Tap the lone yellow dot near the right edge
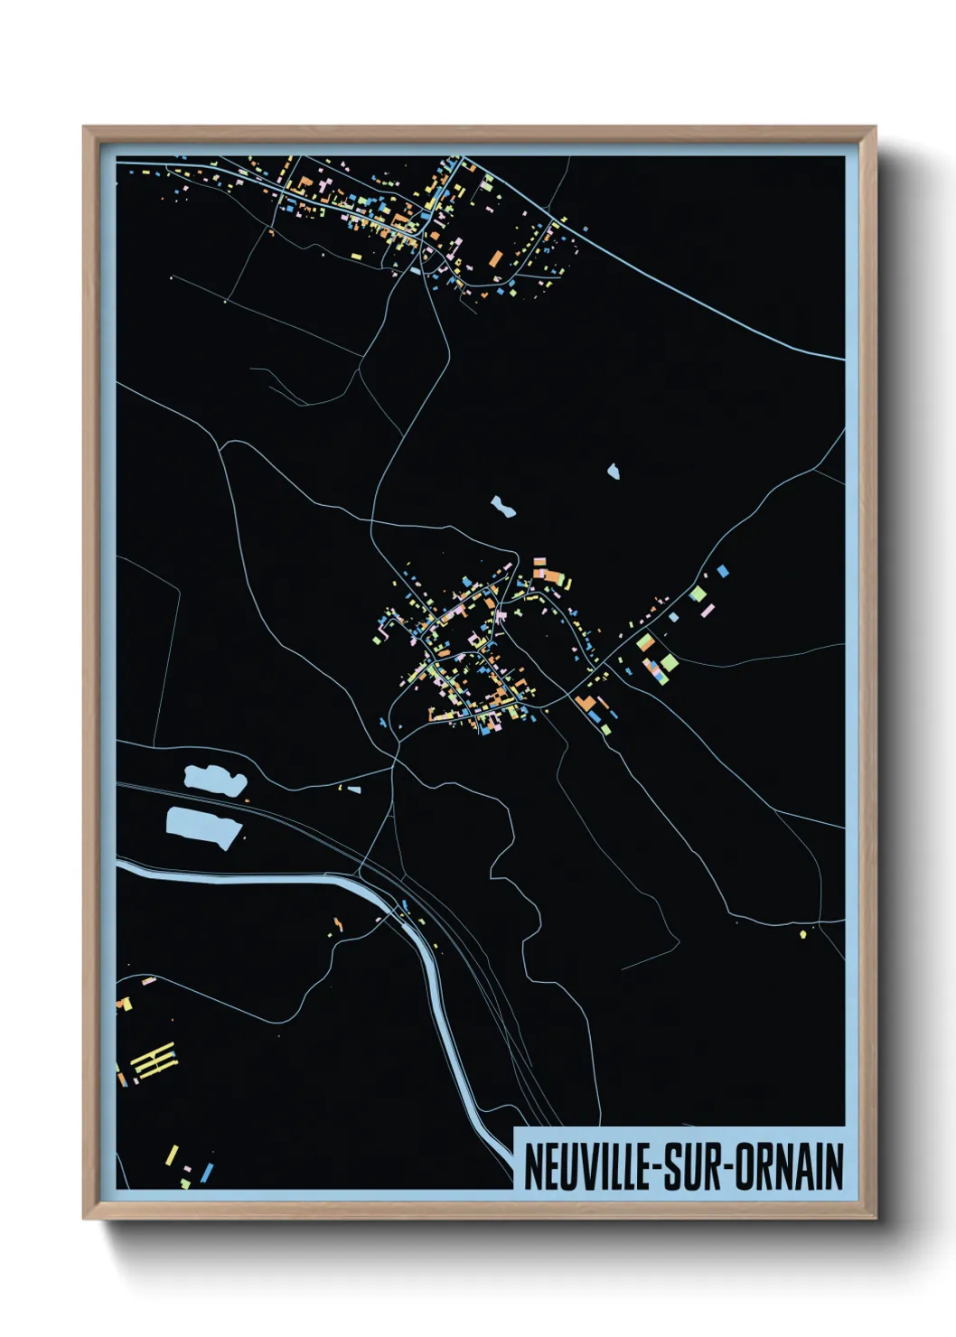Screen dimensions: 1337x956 pyautogui.click(x=802, y=934)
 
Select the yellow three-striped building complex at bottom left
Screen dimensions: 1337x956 pyautogui.click(x=154, y=1061)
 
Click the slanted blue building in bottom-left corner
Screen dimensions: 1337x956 pyautogui.click(x=208, y=1172)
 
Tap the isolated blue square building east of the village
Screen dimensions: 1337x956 pyautogui.click(x=722, y=571)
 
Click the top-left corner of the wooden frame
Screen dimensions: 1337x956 pyautogui.click(x=85, y=128)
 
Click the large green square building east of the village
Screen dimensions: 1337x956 pyautogui.click(x=698, y=594)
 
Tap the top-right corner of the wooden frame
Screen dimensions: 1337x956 pyautogui.click(x=875, y=128)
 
